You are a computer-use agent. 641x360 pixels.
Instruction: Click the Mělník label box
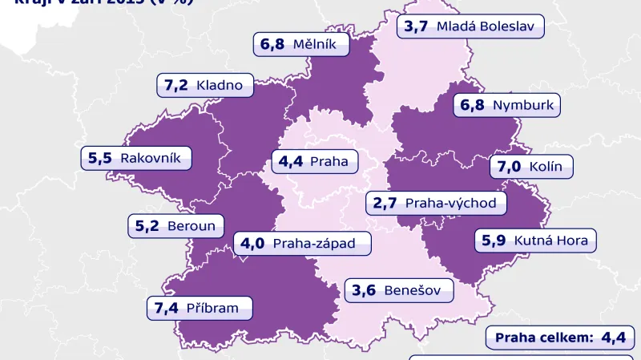coord(302,44)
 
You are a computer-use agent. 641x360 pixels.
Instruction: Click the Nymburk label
coord(505,105)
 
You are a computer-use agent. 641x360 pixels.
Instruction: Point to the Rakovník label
coord(137,158)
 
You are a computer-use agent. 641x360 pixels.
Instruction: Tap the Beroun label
coord(176,226)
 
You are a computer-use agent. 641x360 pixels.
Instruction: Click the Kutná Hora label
coord(534,240)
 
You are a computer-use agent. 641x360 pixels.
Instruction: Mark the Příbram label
coord(199,307)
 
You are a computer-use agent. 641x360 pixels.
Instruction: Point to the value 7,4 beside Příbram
coord(166,307)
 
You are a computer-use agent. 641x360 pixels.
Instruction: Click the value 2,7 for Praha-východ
coord(385,203)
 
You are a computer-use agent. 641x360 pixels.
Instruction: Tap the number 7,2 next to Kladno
coord(176,85)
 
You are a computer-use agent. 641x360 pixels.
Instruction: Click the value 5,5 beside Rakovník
coord(100,158)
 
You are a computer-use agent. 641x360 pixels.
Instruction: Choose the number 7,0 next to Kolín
coord(510,168)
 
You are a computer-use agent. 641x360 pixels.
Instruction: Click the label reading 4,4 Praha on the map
coord(314,161)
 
